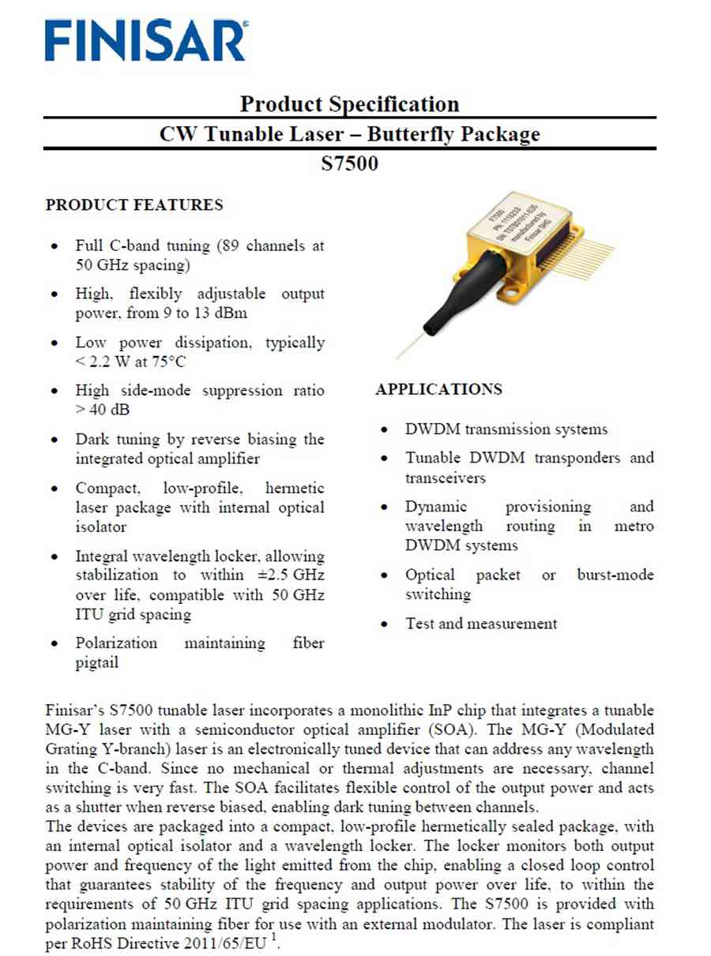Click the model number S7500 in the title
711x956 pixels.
pyautogui.click(x=350, y=163)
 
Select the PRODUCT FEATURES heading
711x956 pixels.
pyautogui.click(x=134, y=205)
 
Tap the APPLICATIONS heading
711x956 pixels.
pyautogui.click(x=438, y=389)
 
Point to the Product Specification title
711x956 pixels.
pyautogui.click(x=349, y=104)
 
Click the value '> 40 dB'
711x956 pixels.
pyautogui.click(x=103, y=410)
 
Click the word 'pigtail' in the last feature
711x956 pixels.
pyautogui.click(x=97, y=663)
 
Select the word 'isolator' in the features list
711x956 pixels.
pyautogui.click(x=101, y=527)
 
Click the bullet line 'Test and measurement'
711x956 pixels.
pyautogui.click(x=481, y=624)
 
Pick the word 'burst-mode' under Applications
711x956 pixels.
pyautogui.click(x=615, y=575)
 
